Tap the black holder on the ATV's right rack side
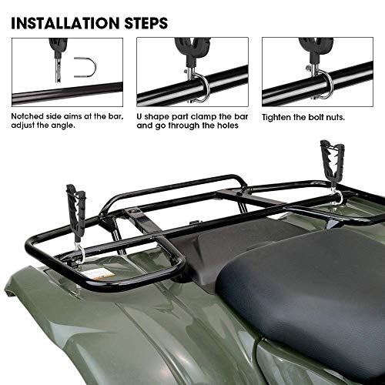pyautogui.click(x=331, y=163)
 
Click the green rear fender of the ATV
pyautogui.click(x=115, y=323)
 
